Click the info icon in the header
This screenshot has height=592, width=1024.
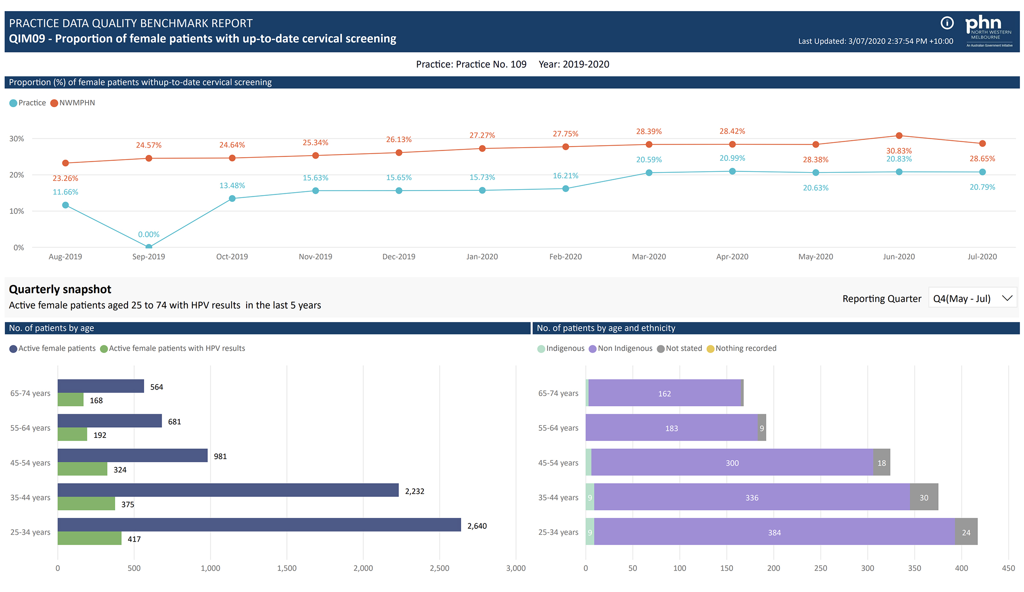coord(947,23)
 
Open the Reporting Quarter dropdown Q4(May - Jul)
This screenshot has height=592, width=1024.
coord(972,298)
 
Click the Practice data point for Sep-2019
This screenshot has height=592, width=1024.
coord(148,246)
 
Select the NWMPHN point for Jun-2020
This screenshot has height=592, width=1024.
coord(899,136)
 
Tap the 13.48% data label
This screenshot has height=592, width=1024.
coord(232,186)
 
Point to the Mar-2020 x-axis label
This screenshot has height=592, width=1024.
coord(649,257)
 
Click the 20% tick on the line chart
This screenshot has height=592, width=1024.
coord(17,175)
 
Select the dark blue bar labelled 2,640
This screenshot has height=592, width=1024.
coord(259,525)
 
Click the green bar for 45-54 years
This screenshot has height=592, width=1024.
coord(82,469)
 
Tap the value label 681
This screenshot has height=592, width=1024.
coord(175,422)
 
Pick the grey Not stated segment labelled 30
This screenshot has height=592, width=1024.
coord(924,497)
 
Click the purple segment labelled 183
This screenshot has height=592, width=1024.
coord(671,428)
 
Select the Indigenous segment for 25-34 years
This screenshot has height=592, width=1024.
coord(590,532)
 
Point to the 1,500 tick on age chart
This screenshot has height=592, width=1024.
coord(287,568)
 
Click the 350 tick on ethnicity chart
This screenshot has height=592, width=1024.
coord(914,568)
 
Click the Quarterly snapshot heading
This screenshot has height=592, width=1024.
coord(60,289)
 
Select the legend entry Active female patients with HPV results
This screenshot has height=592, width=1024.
coord(172,348)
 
